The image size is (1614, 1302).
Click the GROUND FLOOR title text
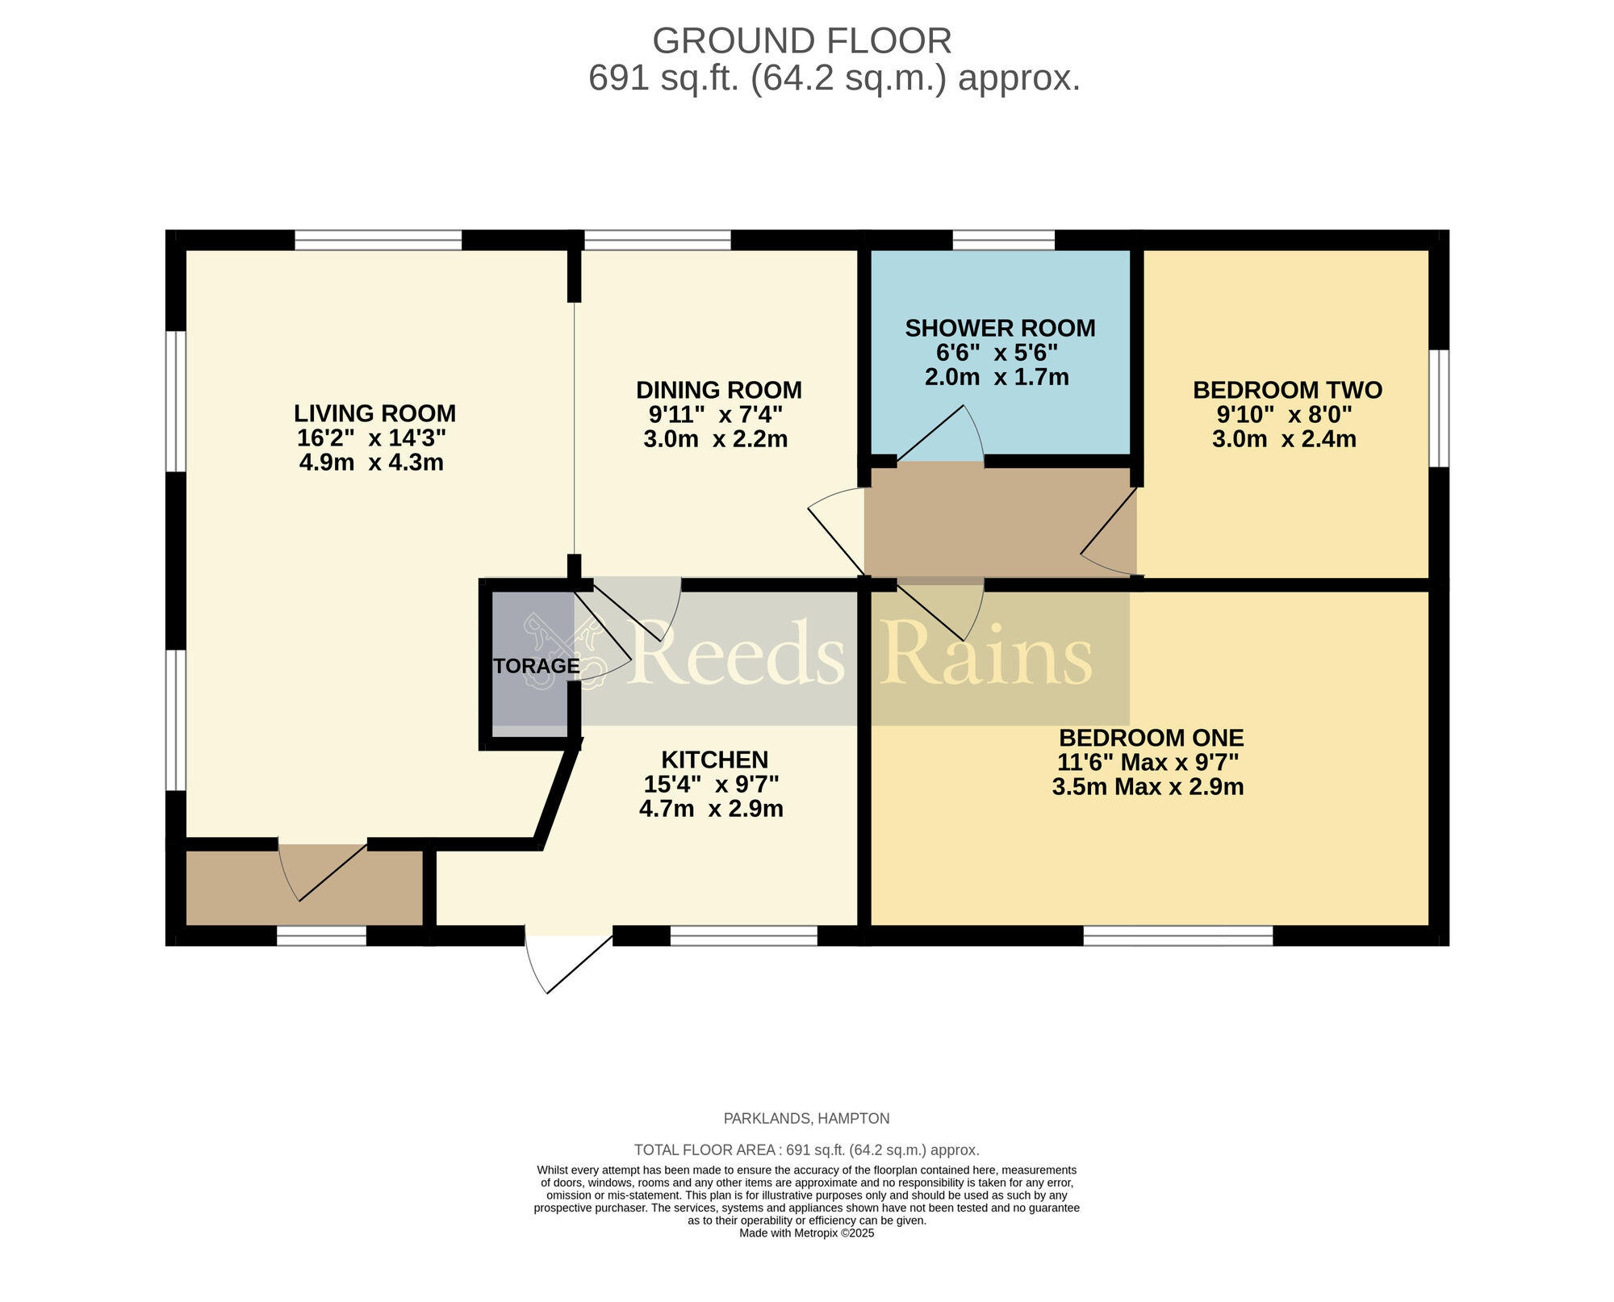[x=801, y=41]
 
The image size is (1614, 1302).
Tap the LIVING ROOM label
[x=374, y=413]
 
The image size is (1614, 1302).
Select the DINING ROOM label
[x=718, y=390]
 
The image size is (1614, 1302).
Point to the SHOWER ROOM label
[x=1000, y=329]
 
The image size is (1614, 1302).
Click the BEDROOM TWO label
[x=1287, y=390]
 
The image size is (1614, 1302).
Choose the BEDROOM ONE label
[x=1151, y=738]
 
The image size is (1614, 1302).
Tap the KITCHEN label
[x=714, y=760]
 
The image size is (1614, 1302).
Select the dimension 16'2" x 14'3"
[x=371, y=438]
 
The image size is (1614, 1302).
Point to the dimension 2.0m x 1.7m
[x=997, y=377]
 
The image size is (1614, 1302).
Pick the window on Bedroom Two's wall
[x=1438, y=408]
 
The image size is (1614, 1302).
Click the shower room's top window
[x=1003, y=240]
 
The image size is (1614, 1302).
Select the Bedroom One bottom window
[x=1177, y=936]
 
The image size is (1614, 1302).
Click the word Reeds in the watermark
[x=738, y=654]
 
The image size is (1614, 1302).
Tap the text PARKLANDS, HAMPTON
[x=806, y=1119]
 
